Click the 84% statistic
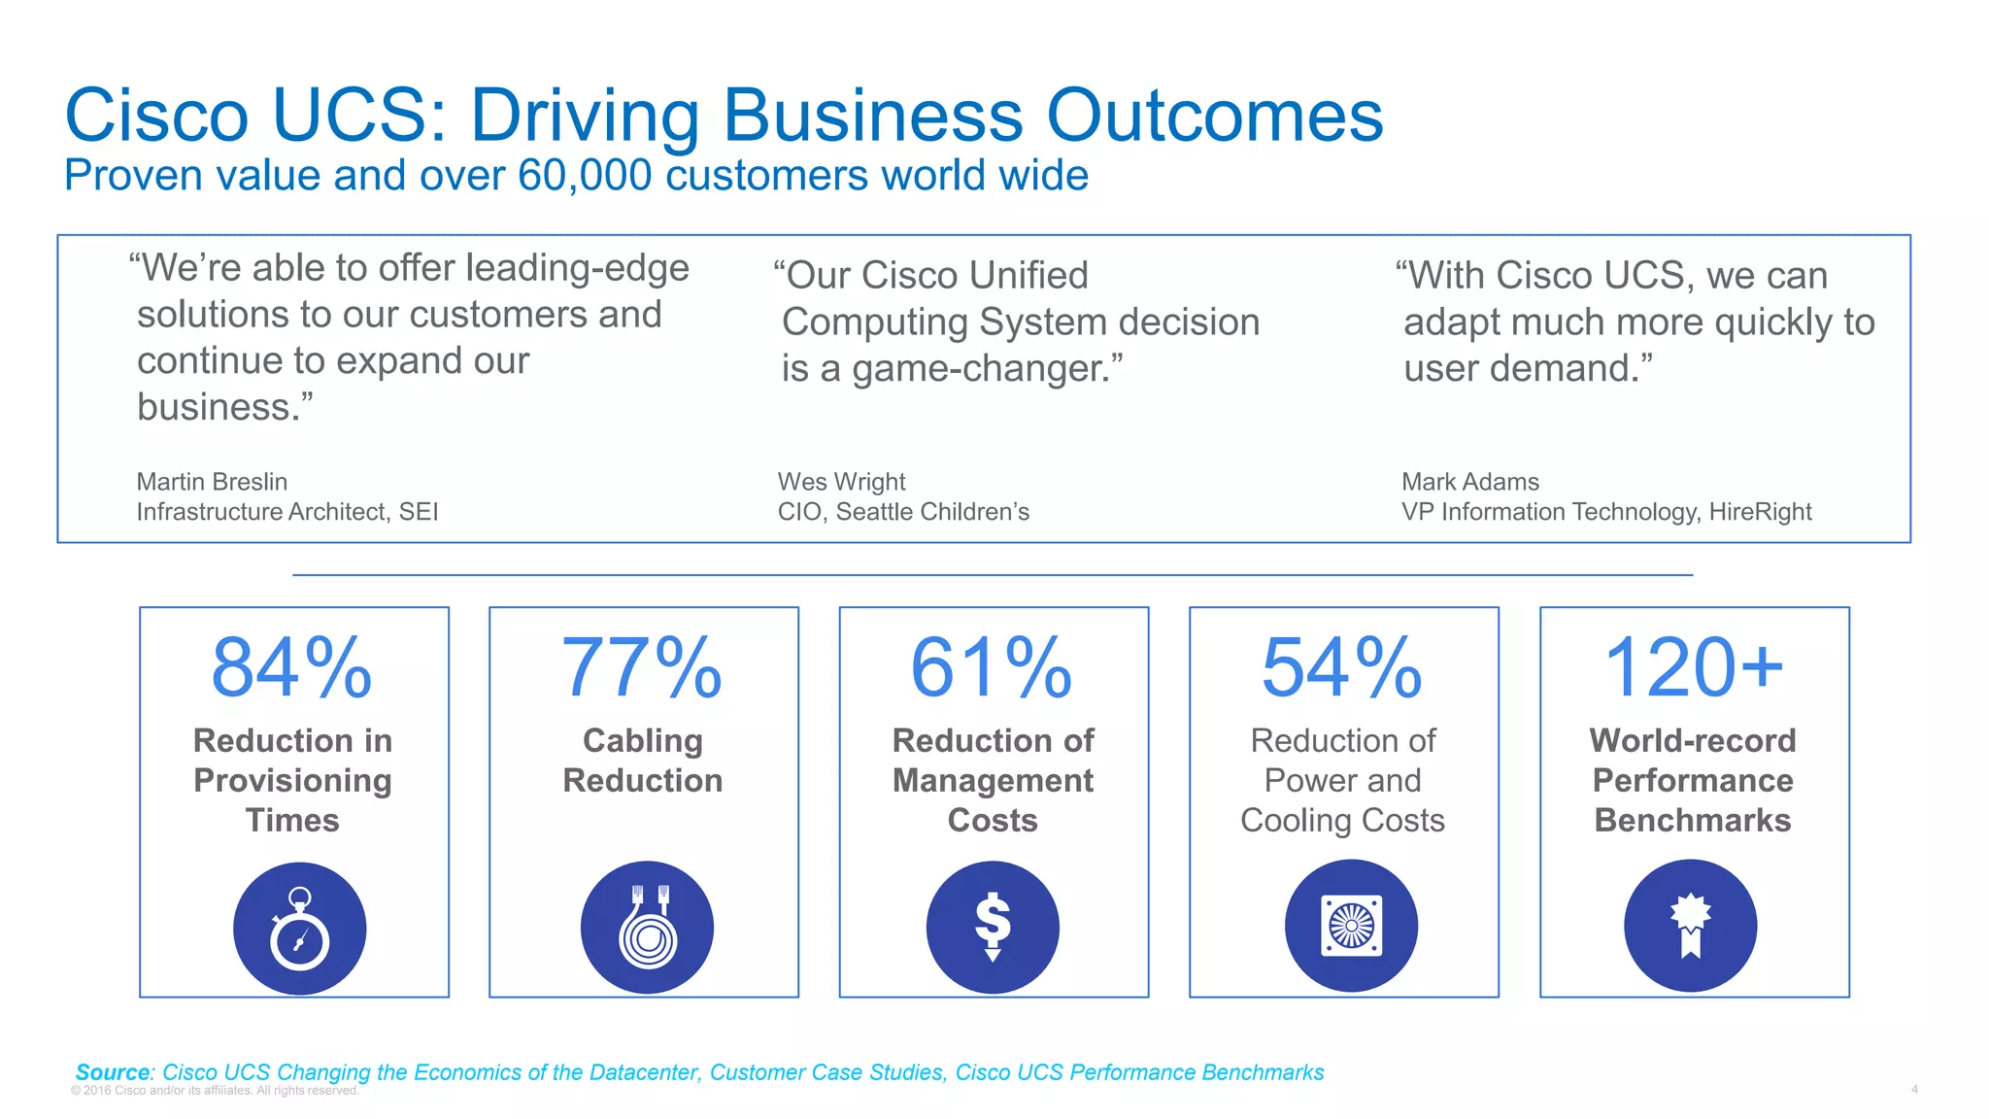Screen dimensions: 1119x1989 point(292,668)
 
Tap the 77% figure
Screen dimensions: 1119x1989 point(642,668)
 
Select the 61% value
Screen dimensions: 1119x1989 point(992,668)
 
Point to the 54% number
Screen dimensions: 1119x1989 point(1342,668)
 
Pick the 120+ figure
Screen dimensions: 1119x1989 point(1694,668)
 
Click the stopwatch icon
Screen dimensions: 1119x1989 point(299,929)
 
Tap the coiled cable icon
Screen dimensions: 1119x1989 point(647,927)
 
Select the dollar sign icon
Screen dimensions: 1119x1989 point(993,927)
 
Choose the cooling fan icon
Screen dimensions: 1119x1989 point(1351,925)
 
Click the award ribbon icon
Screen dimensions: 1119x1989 point(1690,925)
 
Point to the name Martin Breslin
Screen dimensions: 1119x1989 point(212,482)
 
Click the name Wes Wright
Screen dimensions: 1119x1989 point(841,482)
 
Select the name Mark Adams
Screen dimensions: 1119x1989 point(1469,482)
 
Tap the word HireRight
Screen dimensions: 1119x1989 point(1760,512)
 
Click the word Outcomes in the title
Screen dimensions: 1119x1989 point(1214,116)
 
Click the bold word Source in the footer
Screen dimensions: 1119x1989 point(113,1072)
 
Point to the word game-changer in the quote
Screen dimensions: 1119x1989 point(987,369)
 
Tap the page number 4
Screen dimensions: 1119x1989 point(1914,1090)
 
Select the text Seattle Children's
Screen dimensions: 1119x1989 point(932,512)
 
